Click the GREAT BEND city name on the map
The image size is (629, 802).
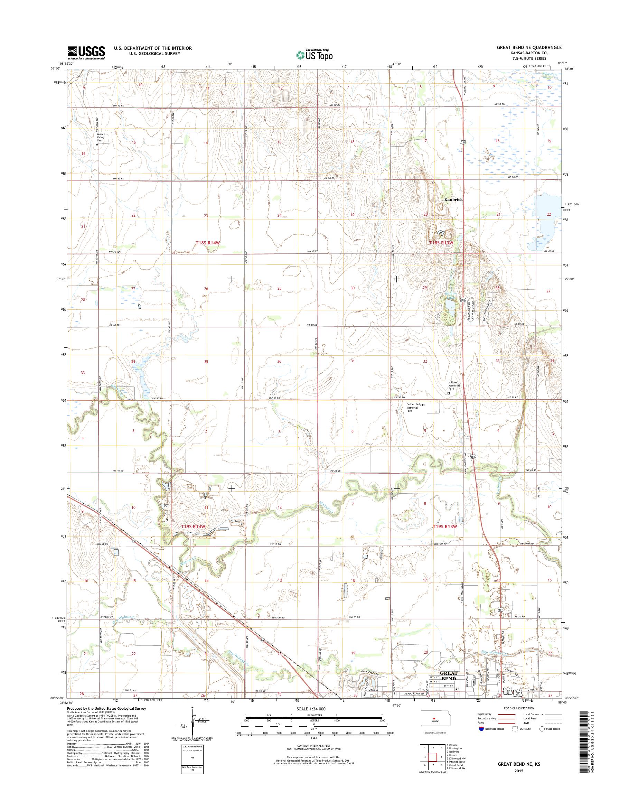pyautogui.click(x=448, y=676)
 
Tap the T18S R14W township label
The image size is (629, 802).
pyautogui.click(x=210, y=243)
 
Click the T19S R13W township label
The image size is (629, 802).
pyautogui.click(x=444, y=527)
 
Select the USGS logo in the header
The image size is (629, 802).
pyautogui.click(x=86, y=53)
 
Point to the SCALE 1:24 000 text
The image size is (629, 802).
pyautogui.click(x=313, y=708)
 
